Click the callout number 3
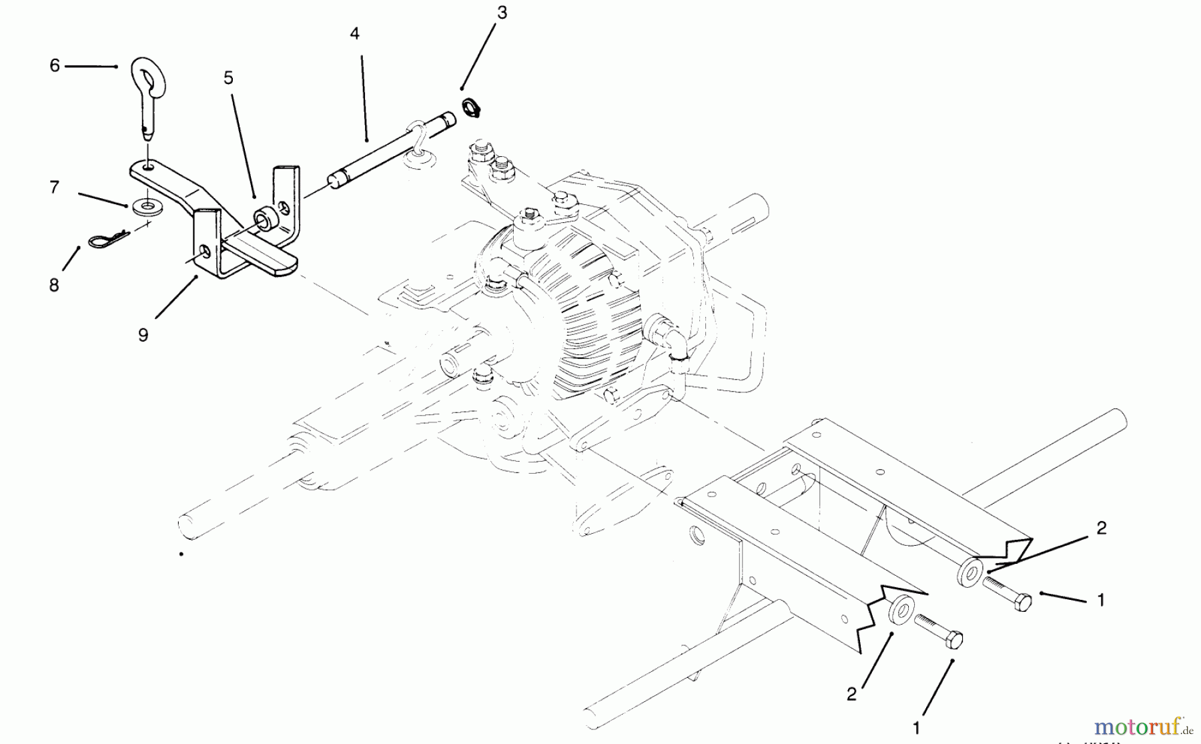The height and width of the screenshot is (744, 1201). (502, 13)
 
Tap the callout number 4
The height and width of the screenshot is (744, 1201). (354, 33)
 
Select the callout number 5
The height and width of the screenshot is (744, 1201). (228, 78)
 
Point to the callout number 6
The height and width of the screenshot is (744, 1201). (55, 65)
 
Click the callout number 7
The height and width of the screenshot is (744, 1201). (55, 187)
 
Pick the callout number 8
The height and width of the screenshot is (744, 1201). (54, 285)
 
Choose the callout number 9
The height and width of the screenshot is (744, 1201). (143, 334)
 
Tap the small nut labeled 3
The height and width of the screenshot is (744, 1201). (470, 107)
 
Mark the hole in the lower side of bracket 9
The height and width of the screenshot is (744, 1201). (206, 252)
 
